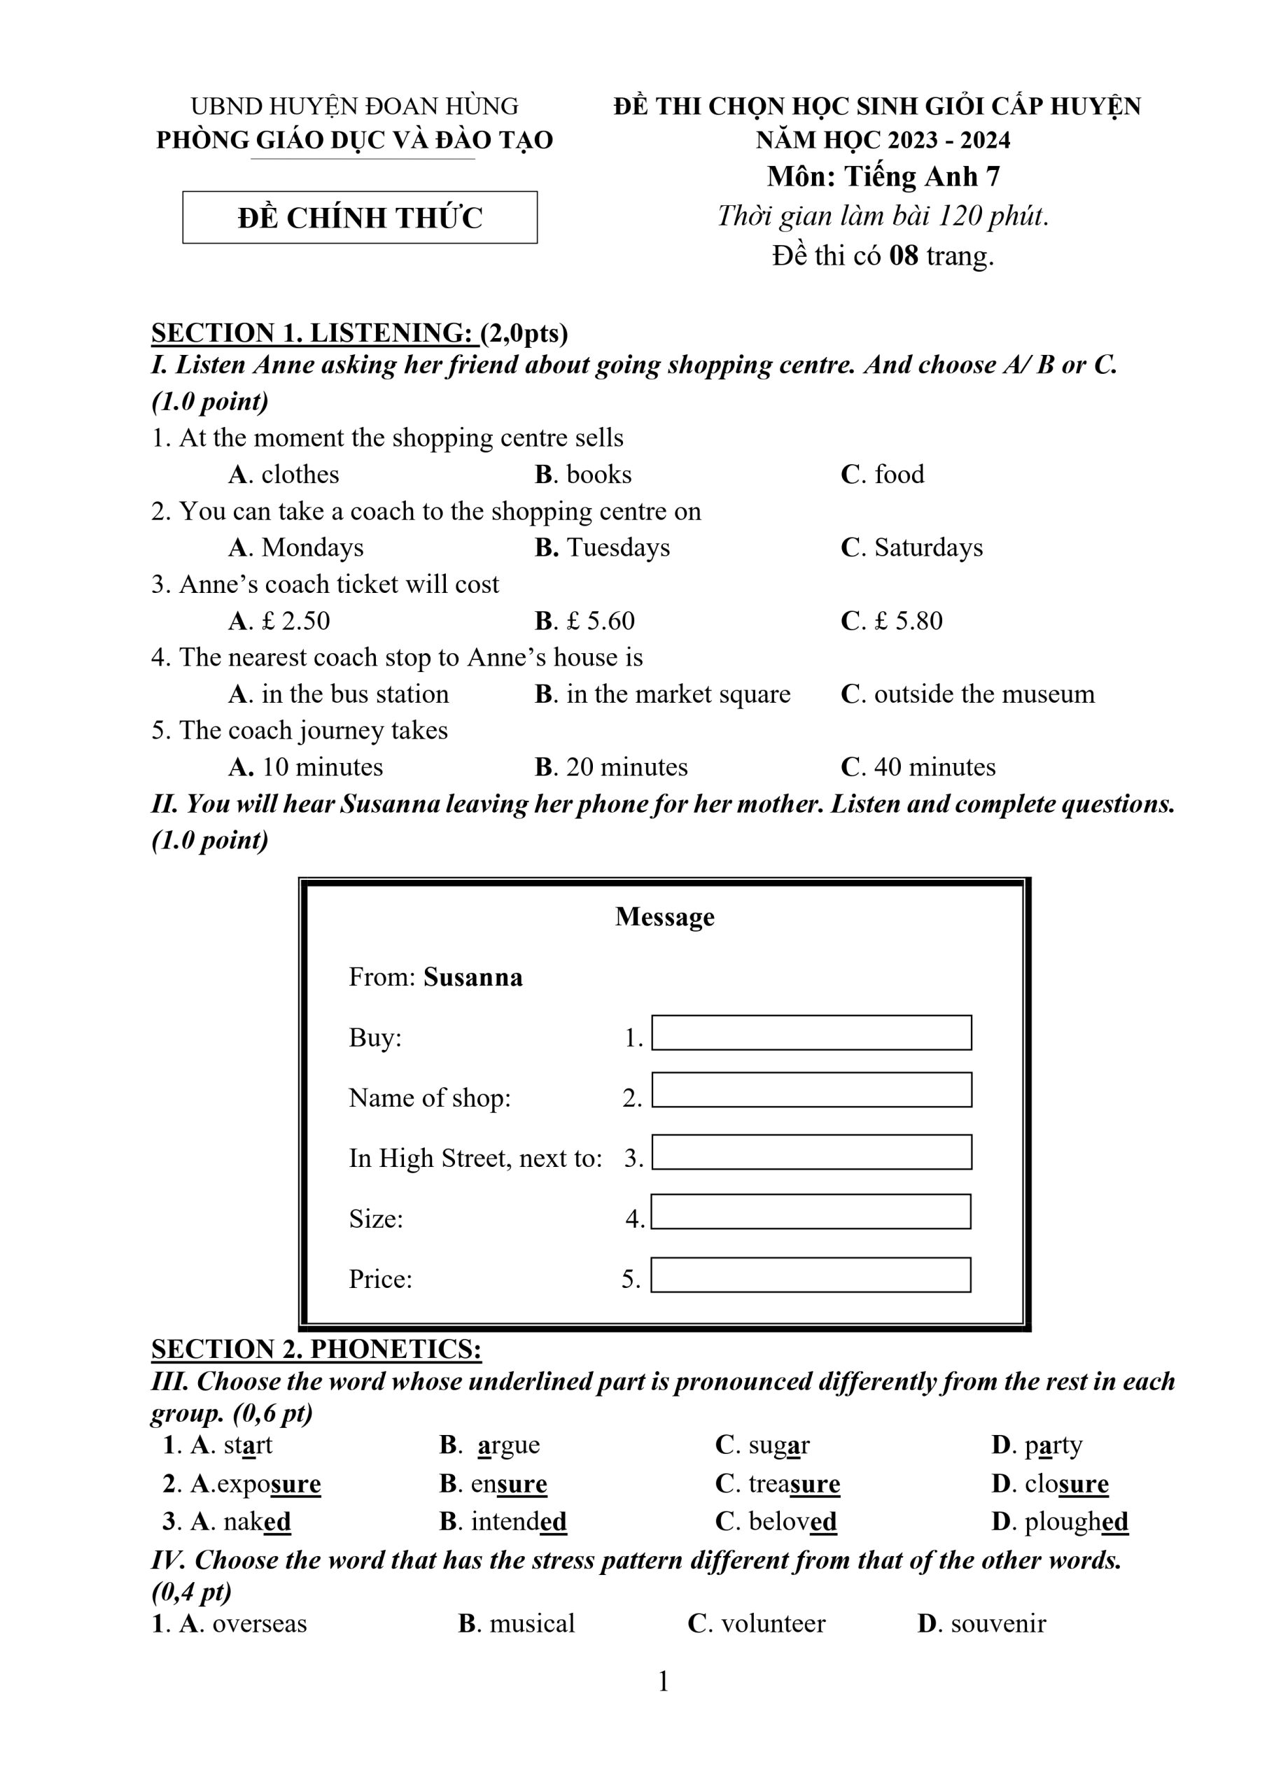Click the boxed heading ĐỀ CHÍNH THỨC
pyautogui.click(x=360, y=218)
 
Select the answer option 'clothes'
pyautogui.click(x=300, y=475)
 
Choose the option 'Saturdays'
pyautogui.click(x=927, y=548)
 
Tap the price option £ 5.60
pyautogui.click(x=599, y=622)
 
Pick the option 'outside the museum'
pyautogui.click(x=983, y=694)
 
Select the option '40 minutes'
pyautogui.click(x=934, y=767)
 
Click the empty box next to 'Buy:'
pyautogui.click(x=811, y=1032)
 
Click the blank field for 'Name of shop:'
pyautogui.click(x=811, y=1091)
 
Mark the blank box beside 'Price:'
pyautogui.click(x=811, y=1275)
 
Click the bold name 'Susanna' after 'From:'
pyautogui.click(x=473, y=978)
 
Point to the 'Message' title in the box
pyautogui.click(x=664, y=917)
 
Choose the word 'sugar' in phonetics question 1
pyautogui.click(x=778, y=1445)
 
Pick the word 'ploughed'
pyautogui.click(x=1076, y=1521)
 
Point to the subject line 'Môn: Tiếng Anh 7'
pyautogui.click(x=883, y=177)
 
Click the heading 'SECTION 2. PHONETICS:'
pyautogui.click(x=316, y=1350)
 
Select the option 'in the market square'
pyautogui.click(x=678, y=694)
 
